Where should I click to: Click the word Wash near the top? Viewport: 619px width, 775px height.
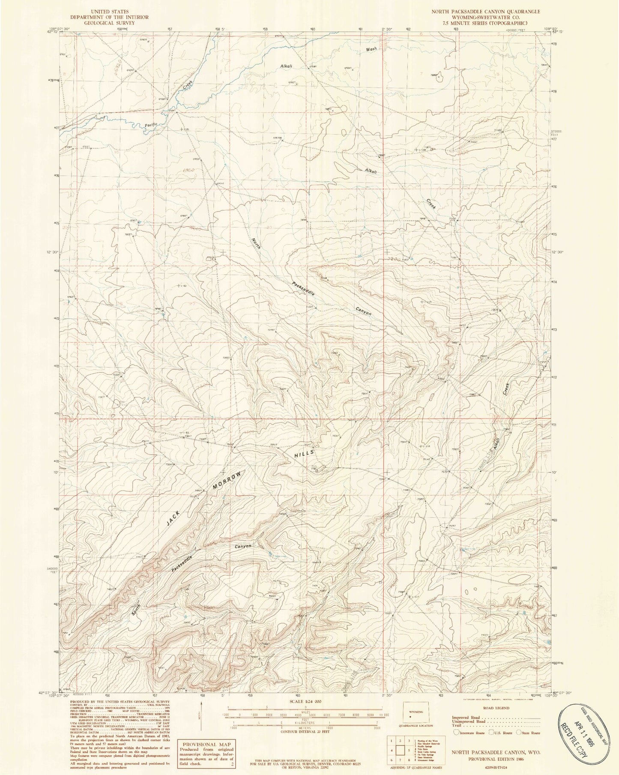[x=371, y=49]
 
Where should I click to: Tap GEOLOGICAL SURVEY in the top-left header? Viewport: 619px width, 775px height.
[x=111, y=22]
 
